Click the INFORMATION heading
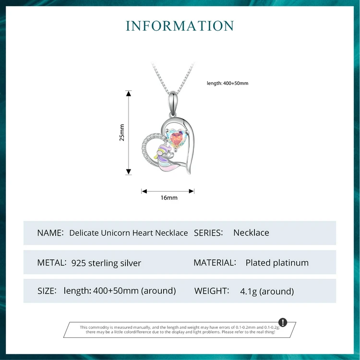[180, 26]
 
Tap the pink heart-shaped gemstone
[177, 139]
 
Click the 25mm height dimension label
[122, 132]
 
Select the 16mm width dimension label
[169, 198]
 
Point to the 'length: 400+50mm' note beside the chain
[228, 84]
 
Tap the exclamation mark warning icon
[283, 322]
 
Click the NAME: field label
[50, 233]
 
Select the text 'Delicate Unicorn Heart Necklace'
[129, 233]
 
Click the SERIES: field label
[208, 233]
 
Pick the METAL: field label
[51, 263]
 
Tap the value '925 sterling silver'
[106, 263]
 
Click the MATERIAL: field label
[215, 263]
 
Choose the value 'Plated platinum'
[277, 263]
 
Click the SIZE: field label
[47, 291]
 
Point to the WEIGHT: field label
[211, 291]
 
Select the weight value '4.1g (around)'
[267, 291]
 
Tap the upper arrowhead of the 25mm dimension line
[129, 93]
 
